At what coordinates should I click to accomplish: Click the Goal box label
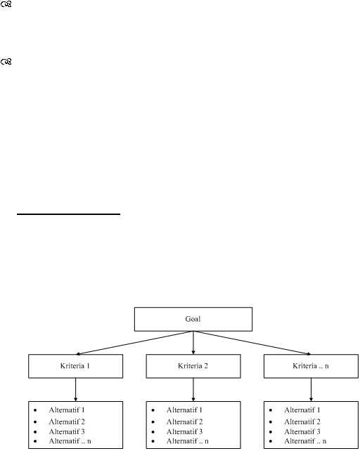(x=193, y=319)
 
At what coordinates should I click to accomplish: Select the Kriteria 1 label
(x=75, y=366)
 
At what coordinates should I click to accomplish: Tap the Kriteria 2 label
(x=193, y=366)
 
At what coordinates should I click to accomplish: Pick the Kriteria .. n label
(x=311, y=366)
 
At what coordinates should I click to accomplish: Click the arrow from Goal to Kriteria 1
(x=134, y=343)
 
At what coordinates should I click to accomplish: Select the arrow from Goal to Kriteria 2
(x=193, y=343)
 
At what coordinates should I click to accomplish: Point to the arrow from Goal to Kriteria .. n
(x=252, y=343)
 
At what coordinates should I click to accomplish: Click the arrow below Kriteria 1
(x=75, y=389)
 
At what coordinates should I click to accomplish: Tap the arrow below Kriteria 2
(x=193, y=389)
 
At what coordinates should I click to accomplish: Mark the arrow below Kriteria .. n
(x=311, y=389)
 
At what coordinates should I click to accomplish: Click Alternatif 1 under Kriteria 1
(x=67, y=410)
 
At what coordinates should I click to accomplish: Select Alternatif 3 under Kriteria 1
(x=67, y=432)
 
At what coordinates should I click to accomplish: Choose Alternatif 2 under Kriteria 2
(x=185, y=421)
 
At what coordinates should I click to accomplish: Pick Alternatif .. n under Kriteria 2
(x=188, y=441)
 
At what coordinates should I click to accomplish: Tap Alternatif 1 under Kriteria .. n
(x=302, y=410)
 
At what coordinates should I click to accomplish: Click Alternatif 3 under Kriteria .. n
(x=302, y=432)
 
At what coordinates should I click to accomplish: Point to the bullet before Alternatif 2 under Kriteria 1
(x=35, y=422)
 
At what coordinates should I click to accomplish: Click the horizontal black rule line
(x=68, y=214)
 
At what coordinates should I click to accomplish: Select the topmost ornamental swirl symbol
(x=6, y=4)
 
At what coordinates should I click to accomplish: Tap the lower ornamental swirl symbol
(x=6, y=62)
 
